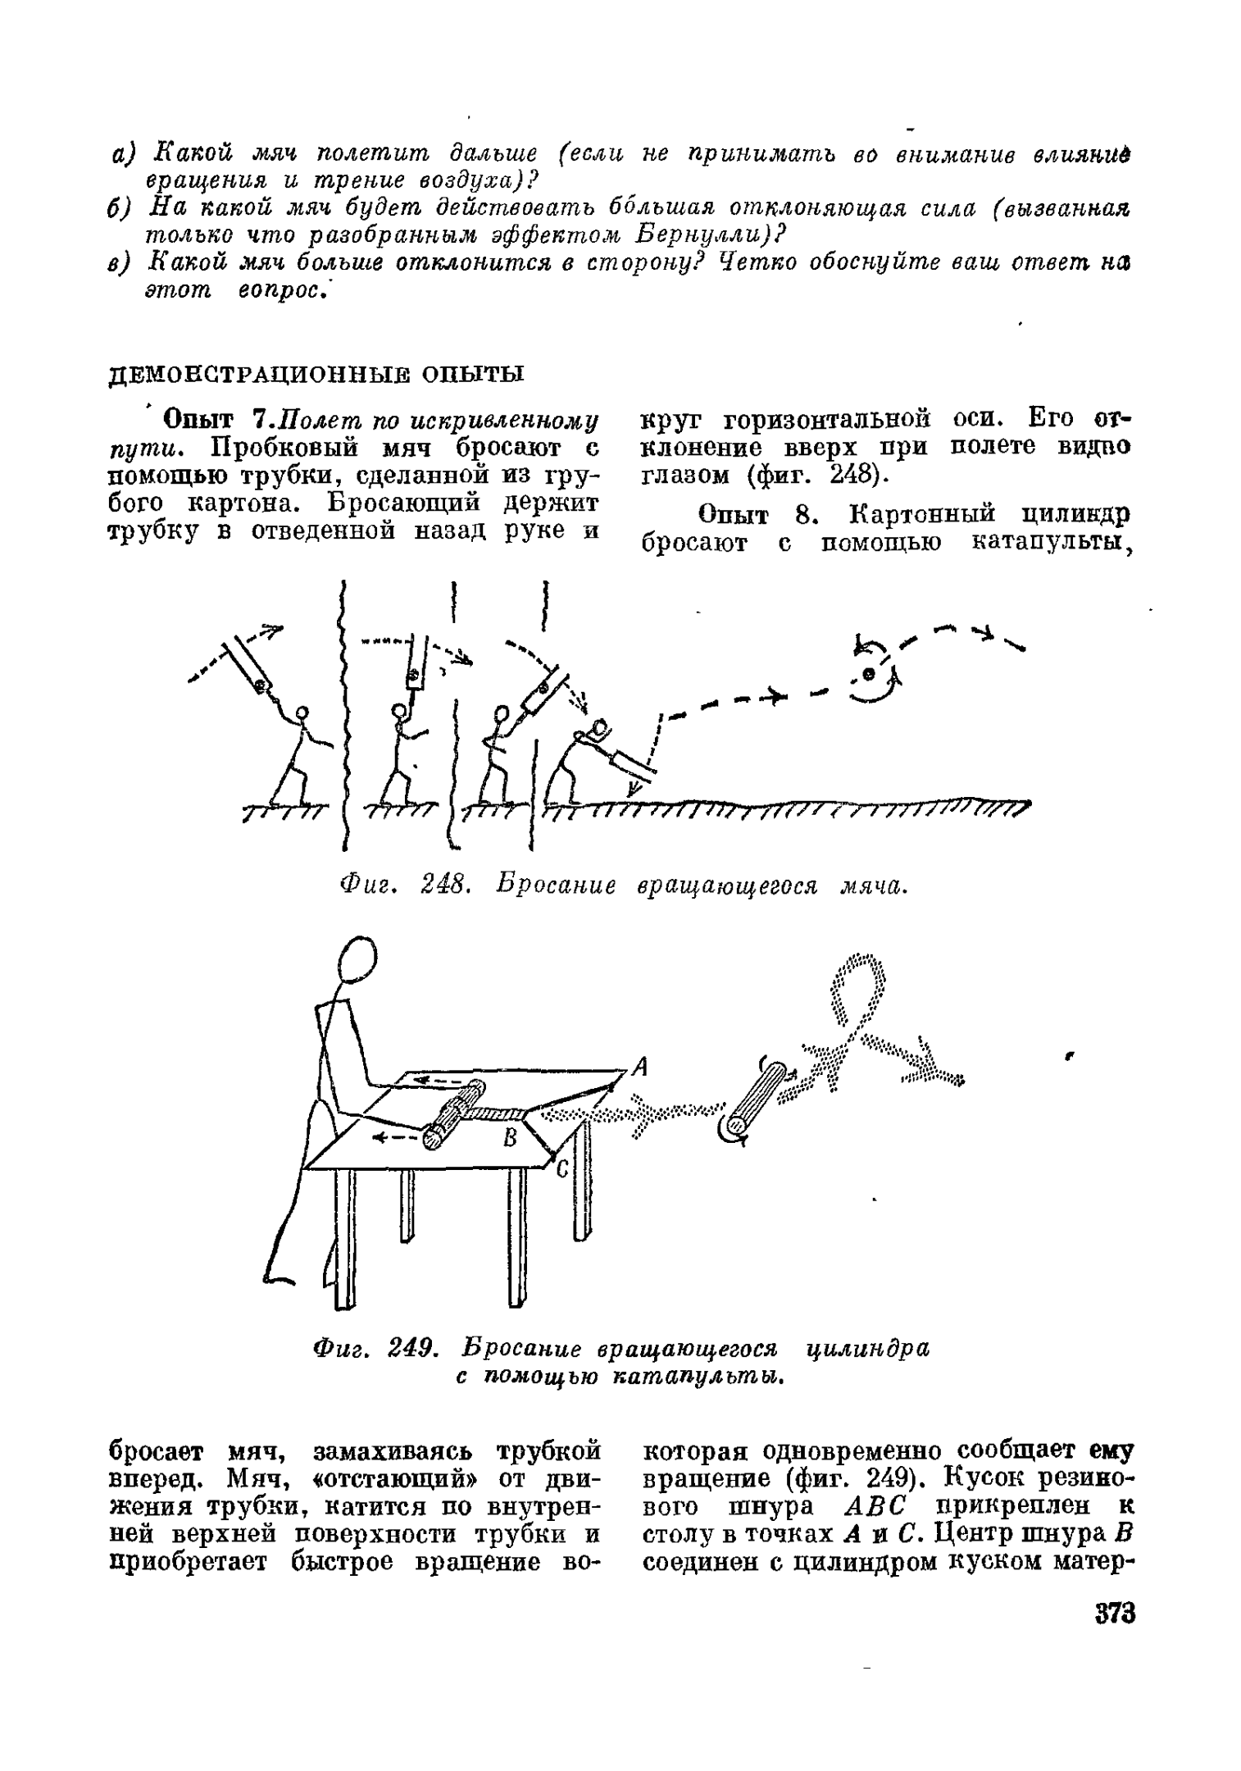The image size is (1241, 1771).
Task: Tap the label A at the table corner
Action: click(x=642, y=1067)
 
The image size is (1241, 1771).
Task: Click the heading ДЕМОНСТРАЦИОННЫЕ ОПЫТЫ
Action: click(x=316, y=374)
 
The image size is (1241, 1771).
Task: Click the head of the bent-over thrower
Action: click(x=600, y=726)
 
